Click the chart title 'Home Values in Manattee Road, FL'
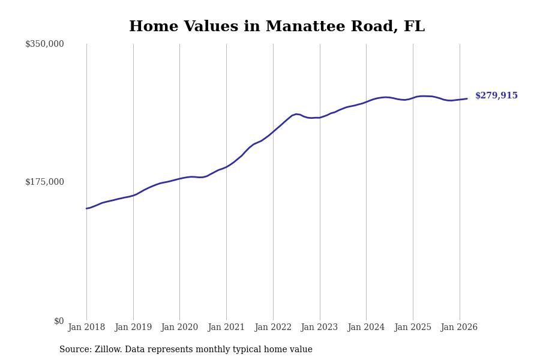click(277, 27)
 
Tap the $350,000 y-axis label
click(44, 44)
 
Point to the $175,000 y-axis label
click(44, 182)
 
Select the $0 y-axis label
click(59, 321)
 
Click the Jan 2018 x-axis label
click(86, 327)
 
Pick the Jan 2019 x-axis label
click(133, 327)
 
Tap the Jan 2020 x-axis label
click(179, 327)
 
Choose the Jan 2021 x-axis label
click(226, 327)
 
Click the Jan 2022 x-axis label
click(273, 327)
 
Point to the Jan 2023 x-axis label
click(319, 327)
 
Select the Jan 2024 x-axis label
click(366, 327)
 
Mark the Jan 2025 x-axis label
click(413, 327)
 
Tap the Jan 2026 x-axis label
click(459, 327)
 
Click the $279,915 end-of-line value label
click(496, 96)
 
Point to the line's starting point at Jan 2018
click(86, 208)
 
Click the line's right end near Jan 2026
click(467, 98)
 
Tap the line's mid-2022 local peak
click(296, 113)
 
